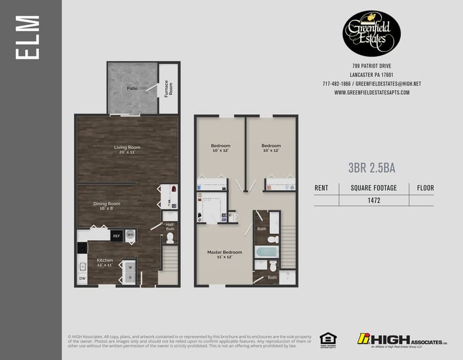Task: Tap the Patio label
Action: click(x=132, y=89)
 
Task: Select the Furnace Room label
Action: click(x=168, y=89)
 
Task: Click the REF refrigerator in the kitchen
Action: click(x=116, y=235)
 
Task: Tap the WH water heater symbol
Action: click(x=130, y=235)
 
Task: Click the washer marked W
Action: click(x=130, y=267)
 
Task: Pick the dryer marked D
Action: click(x=130, y=278)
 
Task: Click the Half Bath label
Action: click(x=169, y=227)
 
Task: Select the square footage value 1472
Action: click(x=374, y=200)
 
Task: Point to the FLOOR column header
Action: click(x=425, y=187)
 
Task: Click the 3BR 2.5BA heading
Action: click(x=372, y=167)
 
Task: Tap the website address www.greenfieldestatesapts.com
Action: click(x=372, y=93)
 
